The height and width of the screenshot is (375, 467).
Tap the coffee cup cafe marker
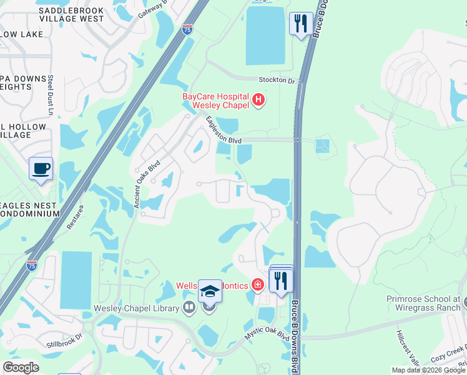[x=41, y=169]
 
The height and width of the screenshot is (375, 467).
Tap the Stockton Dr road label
[x=277, y=80]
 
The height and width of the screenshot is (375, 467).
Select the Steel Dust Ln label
[x=51, y=94]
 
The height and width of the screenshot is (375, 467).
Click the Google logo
[x=21, y=367]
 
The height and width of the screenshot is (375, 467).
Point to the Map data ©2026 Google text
[x=428, y=370]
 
